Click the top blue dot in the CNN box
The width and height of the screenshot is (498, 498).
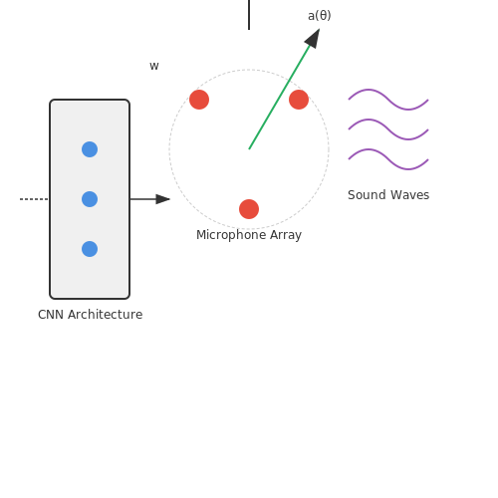(x=90, y=149)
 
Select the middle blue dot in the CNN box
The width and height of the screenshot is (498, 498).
(x=90, y=199)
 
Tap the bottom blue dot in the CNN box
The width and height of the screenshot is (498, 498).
(x=90, y=249)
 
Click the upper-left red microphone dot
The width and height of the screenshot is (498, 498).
(x=199, y=100)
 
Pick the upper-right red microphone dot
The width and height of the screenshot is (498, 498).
(x=299, y=100)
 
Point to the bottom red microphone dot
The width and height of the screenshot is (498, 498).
(x=249, y=209)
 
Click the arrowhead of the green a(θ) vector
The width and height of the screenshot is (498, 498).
(x=314, y=38)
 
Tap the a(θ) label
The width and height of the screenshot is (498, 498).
(x=320, y=16)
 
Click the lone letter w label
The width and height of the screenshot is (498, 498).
(x=154, y=66)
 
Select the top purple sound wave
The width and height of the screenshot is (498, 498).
(x=388, y=100)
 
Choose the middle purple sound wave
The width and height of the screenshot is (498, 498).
(x=388, y=129)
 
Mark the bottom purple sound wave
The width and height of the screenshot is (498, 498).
(x=388, y=159)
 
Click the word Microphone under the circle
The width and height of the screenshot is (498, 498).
(x=231, y=235)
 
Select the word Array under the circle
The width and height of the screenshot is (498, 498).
(x=286, y=235)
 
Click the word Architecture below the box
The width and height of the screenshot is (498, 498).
(x=106, y=315)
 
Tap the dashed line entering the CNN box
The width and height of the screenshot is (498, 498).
(x=34, y=199)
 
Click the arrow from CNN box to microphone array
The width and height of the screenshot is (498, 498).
(x=149, y=199)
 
